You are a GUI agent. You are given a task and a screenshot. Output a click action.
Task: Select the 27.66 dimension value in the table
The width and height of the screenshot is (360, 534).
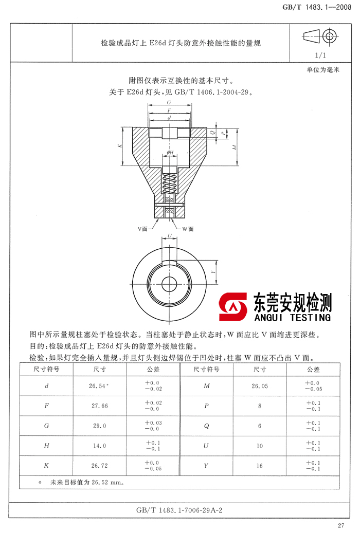point(99,406)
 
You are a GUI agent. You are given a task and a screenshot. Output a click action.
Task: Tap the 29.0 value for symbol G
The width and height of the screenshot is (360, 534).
point(99,426)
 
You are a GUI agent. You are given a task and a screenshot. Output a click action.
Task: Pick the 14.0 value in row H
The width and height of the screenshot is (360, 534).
point(99,446)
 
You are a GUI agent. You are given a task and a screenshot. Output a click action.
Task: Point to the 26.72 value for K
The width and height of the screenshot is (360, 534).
point(99,466)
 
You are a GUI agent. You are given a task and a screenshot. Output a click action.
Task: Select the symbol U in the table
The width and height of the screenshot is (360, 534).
point(206,446)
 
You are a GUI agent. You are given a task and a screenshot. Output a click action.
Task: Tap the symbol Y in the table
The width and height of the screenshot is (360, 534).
point(206,466)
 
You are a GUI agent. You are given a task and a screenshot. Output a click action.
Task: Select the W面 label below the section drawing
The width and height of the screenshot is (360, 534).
point(188,228)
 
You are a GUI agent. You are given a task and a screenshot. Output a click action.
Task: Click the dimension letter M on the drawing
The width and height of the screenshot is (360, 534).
point(234,147)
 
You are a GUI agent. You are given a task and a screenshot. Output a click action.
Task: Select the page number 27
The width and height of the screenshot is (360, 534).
point(340,525)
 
